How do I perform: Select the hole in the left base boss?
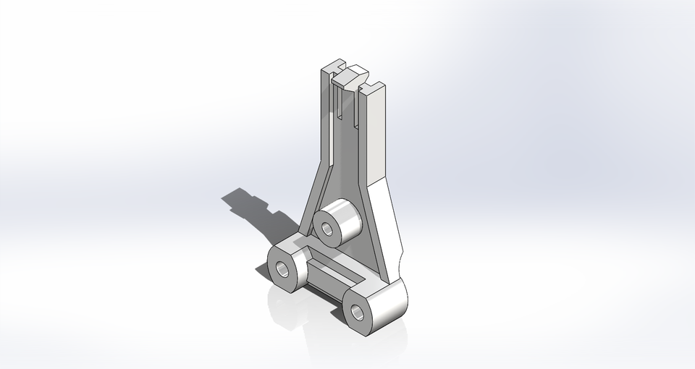(x=282, y=271)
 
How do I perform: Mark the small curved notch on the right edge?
(x=400, y=258)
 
